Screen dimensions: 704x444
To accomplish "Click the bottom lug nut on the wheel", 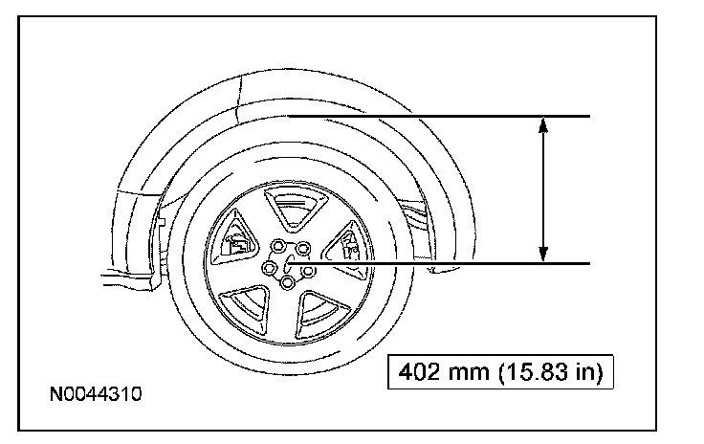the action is pos(287,283).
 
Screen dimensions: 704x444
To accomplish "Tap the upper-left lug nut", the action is pos(278,246).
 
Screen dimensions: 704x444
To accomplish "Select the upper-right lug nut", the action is pos(303,248).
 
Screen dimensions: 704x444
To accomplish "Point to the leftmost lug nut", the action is pos(270,268).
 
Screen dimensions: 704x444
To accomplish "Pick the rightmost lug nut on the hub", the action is pos(308,271).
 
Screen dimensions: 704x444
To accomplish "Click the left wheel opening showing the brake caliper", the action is pos(233,240).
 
